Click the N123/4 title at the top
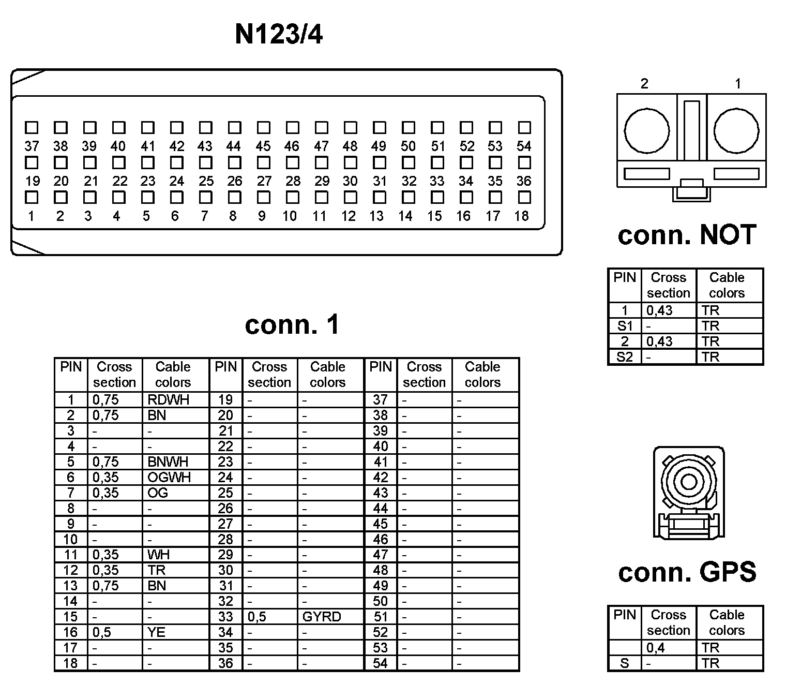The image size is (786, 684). coord(279,35)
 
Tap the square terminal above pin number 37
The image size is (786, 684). coord(32,127)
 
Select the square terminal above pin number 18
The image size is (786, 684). coord(524,197)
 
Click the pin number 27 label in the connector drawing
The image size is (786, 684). coord(264,181)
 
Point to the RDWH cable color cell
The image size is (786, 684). coord(169,399)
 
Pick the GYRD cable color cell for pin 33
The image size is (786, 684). coord(322,617)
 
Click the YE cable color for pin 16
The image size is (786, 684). coord(156,632)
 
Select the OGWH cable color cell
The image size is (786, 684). coord(169,477)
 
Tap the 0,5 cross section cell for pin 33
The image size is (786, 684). coord(257,617)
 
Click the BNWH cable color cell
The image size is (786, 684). coord(168,462)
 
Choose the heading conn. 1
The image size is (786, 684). coord(292,324)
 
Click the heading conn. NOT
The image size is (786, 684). coord(687,235)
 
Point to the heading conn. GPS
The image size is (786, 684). coord(687,572)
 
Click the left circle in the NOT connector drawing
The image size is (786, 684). coord(646,131)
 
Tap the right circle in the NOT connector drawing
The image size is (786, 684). coord(736,131)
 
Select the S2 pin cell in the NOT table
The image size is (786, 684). coord(625,357)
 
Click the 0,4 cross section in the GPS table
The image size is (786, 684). coord(656,648)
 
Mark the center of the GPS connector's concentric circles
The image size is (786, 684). coord(689,482)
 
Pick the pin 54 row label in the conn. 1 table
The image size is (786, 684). coord(381,663)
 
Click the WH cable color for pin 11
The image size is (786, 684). coord(158,555)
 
